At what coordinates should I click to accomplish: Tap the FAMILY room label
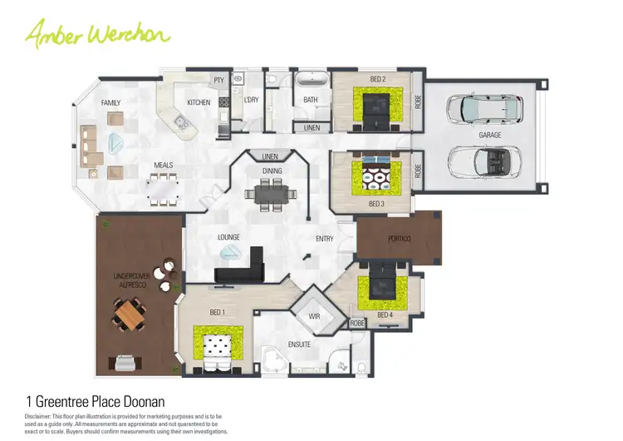(x=110, y=103)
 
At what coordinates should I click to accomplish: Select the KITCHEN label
(x=199, y=102)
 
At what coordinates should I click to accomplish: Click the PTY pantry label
(x=219, y=81)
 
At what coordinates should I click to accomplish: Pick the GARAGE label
(x=490, y=134)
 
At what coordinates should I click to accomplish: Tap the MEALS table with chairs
(x=164, y=191)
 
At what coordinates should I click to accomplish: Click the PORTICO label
(x=399, y=240)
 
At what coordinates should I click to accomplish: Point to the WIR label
(x=314, y=316)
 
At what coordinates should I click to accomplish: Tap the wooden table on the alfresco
(x=130, y=315)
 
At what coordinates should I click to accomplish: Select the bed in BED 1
(x=218, y=348)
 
